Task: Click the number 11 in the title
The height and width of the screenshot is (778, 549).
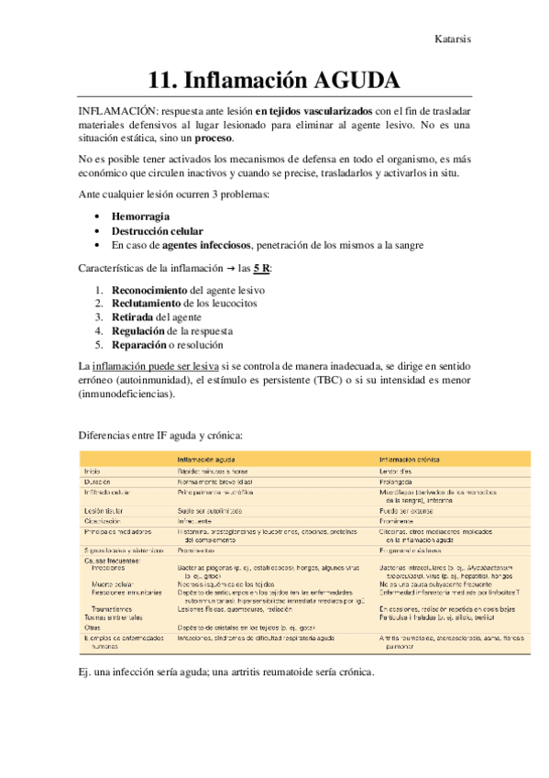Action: click(x=164, y=76)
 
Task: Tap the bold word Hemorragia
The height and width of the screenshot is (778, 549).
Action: click(x=140, y=216)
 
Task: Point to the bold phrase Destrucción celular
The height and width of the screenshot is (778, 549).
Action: click(x=158, y=231)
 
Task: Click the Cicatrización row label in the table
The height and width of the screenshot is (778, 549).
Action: click(x=107, y=520)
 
